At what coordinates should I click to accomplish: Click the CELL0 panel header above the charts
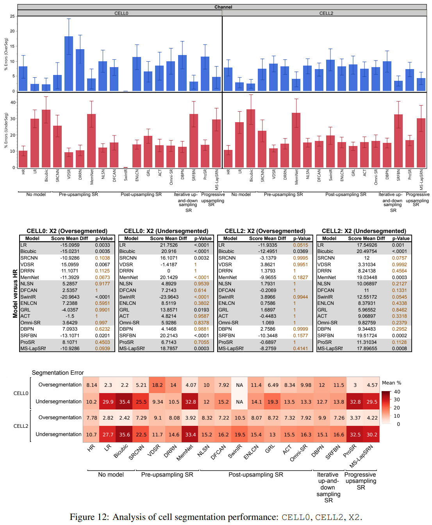click(x=121, y=13)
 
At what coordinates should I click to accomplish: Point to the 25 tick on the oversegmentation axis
click(x=12, y=16)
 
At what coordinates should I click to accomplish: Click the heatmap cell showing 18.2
click(x=157, y=385)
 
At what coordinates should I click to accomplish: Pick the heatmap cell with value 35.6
click(x=125, y=434)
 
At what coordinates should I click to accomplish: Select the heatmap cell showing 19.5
click(x=240, y=434)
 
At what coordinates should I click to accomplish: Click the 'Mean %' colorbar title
click(x=391, y=383)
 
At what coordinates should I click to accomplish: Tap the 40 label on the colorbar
click(x=397, y=392)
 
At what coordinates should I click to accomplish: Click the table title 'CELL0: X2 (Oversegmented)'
click(x=67, y=231)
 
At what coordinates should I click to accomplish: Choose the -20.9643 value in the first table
click(x=70, y=297)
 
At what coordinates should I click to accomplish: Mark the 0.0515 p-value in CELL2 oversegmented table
click(x=300, y=245)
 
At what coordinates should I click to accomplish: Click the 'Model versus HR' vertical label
click(x=15, y=293)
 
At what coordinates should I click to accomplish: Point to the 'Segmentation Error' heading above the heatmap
click(x=58, y=373)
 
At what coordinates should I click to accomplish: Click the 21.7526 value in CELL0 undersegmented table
click(x=169, y=245)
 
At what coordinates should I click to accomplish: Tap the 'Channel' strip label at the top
click(x=223, y=7)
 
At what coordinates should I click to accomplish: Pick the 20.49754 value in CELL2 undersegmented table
click(x=367, y=251)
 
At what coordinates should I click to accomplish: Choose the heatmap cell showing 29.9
click(x=108, y=402)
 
